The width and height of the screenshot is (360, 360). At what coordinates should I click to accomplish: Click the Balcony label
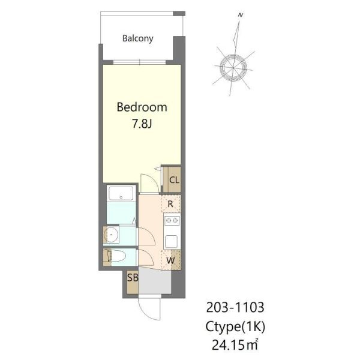(x=138, y=38)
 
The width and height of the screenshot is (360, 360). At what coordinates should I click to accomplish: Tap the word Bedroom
(x=142, y=107)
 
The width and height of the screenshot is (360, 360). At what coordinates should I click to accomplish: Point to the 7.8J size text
(x=142, y=124)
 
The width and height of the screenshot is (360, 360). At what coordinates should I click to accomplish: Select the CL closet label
(x=174, y=180)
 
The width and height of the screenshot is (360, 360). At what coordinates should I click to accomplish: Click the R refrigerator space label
(x=170, y=204)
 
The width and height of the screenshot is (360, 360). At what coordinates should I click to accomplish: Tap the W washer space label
(x=170, y=260)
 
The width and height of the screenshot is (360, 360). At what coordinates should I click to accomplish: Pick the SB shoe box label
(x=133, y=278)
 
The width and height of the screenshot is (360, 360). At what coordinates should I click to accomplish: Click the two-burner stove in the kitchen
(x=172, y=221)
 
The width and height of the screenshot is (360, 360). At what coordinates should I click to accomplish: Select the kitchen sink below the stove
(x=171, y=241)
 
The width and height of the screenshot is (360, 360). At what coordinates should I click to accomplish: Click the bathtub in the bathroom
(x=121, y=194)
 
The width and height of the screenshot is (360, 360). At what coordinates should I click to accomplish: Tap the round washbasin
(x=111, y=235)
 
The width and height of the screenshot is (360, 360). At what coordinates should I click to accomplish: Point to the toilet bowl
(x=118, y=256)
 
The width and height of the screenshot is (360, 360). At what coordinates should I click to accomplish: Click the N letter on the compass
(x=241, y=16)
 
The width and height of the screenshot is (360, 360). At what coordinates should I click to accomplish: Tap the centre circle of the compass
(x=233, y=68)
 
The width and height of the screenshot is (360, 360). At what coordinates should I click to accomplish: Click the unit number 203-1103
(x=235, y=308)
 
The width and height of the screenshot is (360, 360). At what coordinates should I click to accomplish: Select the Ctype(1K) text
(x=235, y=326)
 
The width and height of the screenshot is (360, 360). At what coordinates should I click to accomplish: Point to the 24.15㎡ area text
(x=235, y=344)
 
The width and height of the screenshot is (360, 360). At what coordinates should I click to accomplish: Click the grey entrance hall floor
(x=155, y=281)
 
